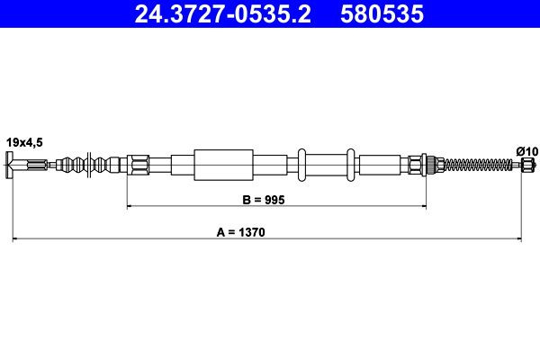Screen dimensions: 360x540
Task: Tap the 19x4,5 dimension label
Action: pyautogui.click(x=23, y=141)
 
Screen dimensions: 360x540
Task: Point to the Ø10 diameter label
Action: pyautogui.click(x=526, y=149)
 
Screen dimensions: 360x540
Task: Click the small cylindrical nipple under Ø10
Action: pyautogui.click(x=527, y=165)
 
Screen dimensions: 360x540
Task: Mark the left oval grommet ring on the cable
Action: pyautogui.click(x=304, y=165)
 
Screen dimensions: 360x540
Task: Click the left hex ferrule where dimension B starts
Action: pyautogui.click(x=138, y=165)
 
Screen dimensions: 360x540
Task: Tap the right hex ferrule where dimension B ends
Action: pyautogui.click(x=416, y=165)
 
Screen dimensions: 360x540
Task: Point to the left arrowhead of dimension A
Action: pyautogui.click(x=16, y=238)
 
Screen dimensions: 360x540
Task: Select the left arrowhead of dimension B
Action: pyautogui.click(x=130, y=207)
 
